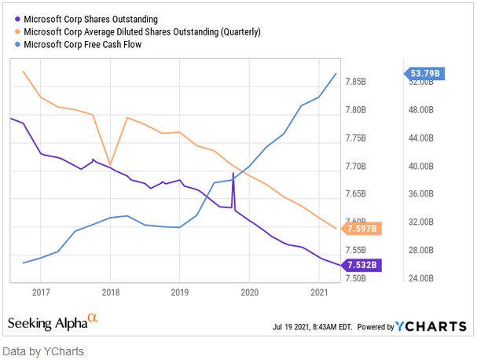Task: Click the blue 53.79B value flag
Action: [x=426, y=74]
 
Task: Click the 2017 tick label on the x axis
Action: [x=41, y=292]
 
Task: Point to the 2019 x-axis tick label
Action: [x=179, y=292]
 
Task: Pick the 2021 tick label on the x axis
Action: [x=318, y=292]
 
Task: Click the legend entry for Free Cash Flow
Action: [x=87, y=45]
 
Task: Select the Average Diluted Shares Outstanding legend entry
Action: [x=142, y=32]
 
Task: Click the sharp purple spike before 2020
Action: [x=233, y=174]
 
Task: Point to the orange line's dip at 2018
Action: [x=110, y=164]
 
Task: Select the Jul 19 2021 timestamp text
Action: [x=314, y=327]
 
